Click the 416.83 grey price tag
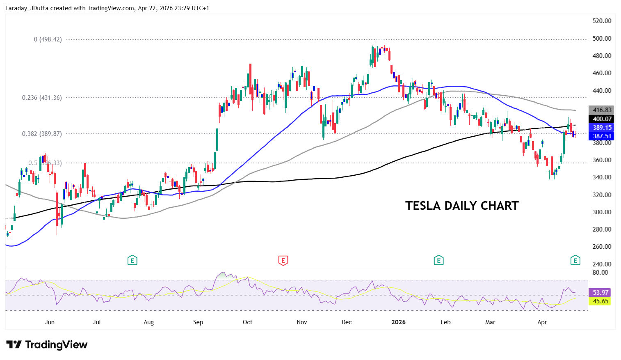(601, 110)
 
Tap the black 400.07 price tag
(601, 119)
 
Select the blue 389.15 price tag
(601, 128)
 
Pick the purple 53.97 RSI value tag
(600, 292)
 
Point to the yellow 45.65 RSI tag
(600, 301)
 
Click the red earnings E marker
(283, 260)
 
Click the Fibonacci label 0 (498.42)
(48, 39)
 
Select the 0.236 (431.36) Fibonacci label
(42, 98)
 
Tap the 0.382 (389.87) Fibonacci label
(42, 134)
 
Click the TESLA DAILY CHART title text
(462, 206)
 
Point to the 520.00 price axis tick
(602, 21)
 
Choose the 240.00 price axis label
(602, 264)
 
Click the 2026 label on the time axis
(398, 322)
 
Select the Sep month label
(198, 322)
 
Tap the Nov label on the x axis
(302, 322)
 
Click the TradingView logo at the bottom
(47, 344)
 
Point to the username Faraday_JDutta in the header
(27, 8)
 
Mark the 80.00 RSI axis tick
(600, 273)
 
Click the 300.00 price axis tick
(602, 212)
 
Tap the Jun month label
(50, 322)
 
